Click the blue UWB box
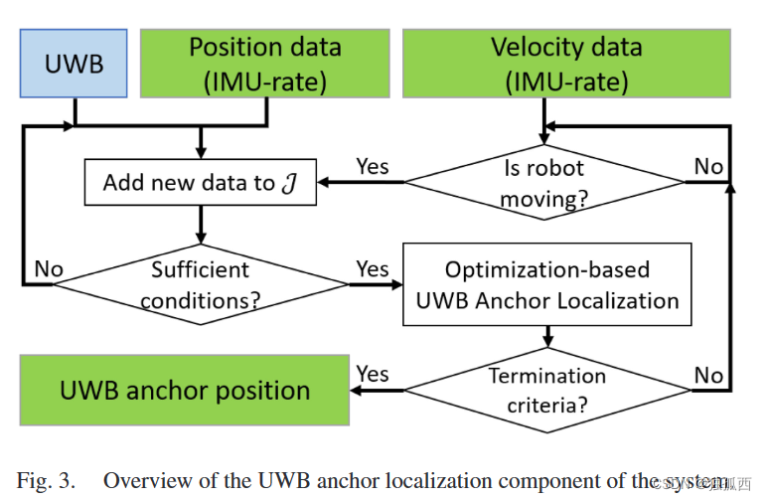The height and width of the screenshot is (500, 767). click(74, 63)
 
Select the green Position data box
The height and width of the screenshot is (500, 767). click(265, 63)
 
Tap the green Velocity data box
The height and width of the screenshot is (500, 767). click(566, 63)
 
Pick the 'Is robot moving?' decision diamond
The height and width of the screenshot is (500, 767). click(543, 183)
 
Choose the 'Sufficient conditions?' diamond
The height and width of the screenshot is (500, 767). click(199, 283)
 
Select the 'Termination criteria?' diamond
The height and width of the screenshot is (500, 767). click(546, 390)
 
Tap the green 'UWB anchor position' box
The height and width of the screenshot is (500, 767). click(185, 391)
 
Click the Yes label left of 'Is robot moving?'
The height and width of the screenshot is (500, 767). click(372, 166)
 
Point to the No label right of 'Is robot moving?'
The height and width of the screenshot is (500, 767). click(708, 166)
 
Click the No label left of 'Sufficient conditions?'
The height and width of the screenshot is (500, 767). click(49, 267)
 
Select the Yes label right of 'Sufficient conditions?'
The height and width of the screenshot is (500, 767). click(372, 268)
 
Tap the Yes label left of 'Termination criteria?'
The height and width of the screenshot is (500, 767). click(372, 374)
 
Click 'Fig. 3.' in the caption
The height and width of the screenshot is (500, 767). click(46, 481)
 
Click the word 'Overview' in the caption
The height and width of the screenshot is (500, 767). click(145, 481)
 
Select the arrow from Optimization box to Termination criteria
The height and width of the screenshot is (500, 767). click(546, 339)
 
